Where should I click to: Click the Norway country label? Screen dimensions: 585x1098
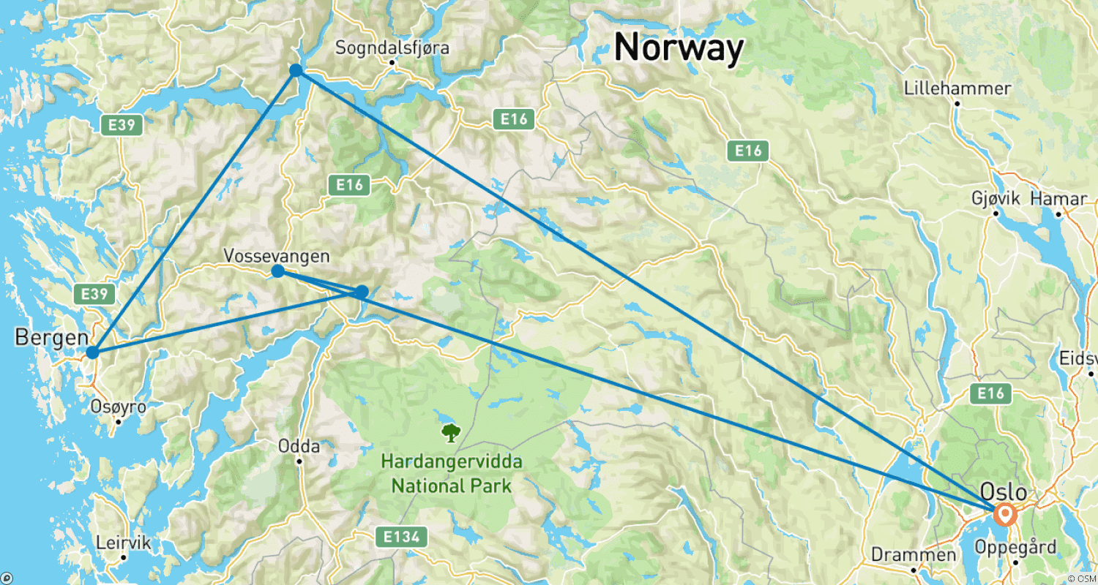(x=679, y=48)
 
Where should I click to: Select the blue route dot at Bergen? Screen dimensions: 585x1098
(x=92, y=352)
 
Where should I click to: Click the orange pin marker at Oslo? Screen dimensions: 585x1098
(x=1006, y=515)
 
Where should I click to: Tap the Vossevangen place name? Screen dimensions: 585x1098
(x=276, y=257)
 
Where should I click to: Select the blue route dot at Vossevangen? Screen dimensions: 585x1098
(x=278, y=271)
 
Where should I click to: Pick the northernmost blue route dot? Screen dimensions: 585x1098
(x=296, y=70)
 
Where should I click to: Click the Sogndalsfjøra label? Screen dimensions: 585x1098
(x=392, y=48)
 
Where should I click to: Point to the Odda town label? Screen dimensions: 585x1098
(x=299, y=446)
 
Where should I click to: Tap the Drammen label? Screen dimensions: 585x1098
(x=914, y=555)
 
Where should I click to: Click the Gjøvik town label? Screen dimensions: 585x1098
(x=996, y=199)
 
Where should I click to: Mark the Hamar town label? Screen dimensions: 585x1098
(x=1058, y=199)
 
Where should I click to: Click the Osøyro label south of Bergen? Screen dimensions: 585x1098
(x=119, y=407)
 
